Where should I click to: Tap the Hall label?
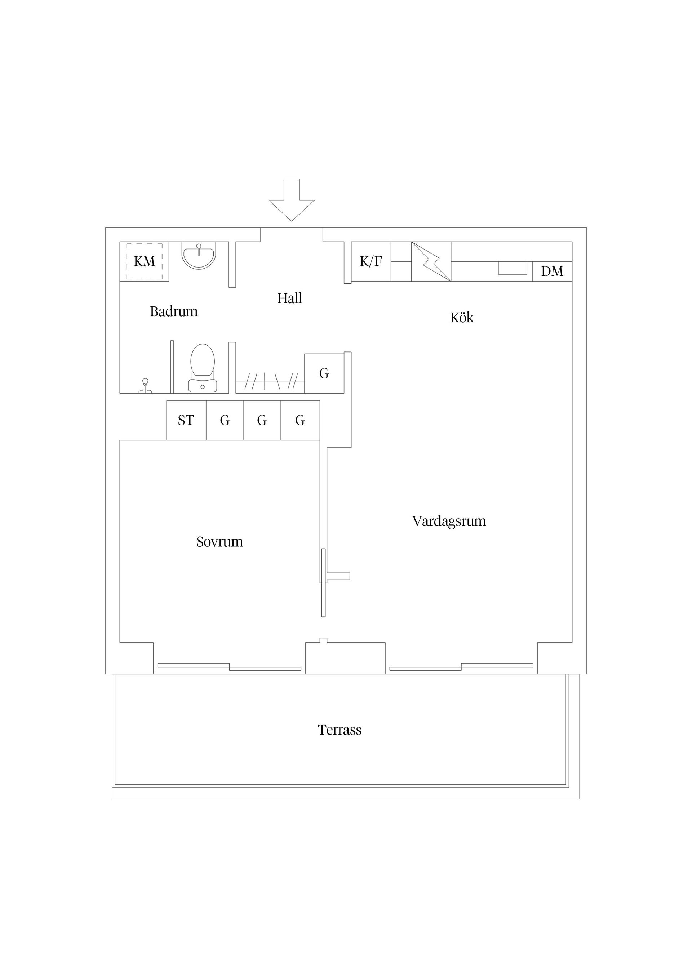pos(289,298)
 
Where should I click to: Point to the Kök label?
pos(462,317)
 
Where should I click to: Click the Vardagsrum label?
pos(449,521)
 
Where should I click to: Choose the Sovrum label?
pos(219,542)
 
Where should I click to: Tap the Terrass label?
pos(340,730)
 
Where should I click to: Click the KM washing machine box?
pos(145,261)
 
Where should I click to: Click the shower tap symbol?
pos(145,386)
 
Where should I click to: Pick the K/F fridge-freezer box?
pos(371,261)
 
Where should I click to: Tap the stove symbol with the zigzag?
pos(431,261)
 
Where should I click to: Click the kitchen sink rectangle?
pos(513,268)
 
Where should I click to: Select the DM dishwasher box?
pos(552,272)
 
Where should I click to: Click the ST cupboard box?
pos(186,421)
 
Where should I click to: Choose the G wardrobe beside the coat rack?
pos(324,373)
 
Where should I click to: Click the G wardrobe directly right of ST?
pos(225,421)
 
